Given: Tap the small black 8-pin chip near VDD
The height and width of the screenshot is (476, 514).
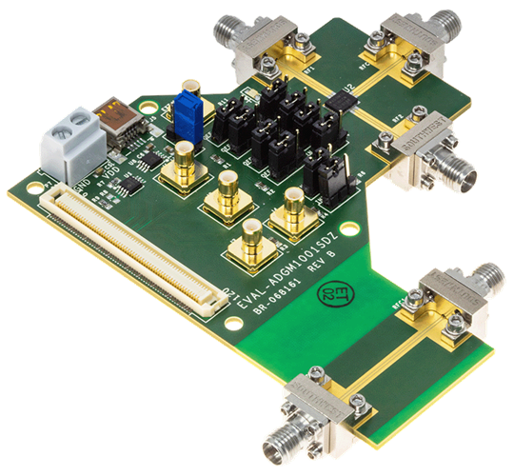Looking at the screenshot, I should point(139,176).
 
